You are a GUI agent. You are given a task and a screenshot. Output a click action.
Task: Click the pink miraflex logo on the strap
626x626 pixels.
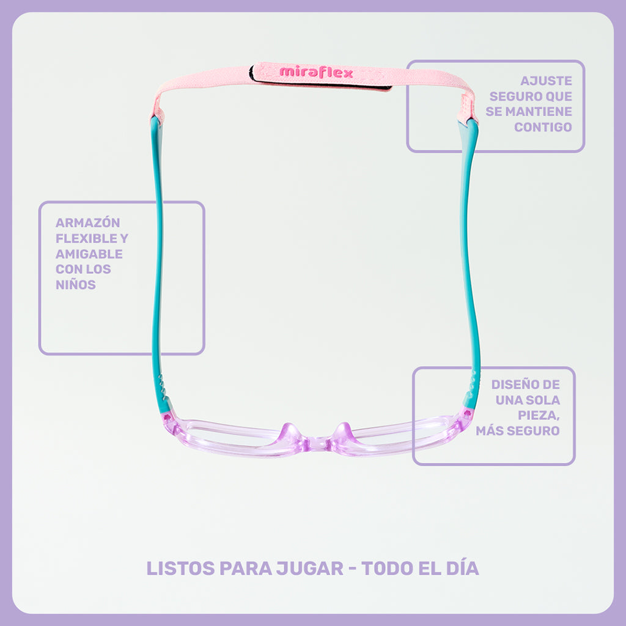coord(316,72)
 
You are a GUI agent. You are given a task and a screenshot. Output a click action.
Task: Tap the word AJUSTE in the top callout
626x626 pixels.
coord(546,81)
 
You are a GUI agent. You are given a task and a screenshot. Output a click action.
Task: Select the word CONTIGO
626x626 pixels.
coord(543,127)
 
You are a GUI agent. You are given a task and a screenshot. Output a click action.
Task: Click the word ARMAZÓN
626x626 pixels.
coord(88,222)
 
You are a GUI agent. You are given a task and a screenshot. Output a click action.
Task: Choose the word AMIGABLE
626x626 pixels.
coord(89,254)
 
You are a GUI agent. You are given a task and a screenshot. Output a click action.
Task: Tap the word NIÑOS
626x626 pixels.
coord(76,284)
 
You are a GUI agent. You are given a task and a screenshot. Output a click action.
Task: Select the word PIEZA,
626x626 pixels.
coord(539,416)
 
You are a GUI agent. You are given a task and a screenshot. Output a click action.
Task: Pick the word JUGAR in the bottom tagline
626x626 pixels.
coord(310,568)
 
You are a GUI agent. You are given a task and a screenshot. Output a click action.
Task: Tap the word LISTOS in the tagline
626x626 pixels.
coord(181,568)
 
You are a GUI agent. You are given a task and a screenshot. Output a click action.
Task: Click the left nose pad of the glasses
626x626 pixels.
coord(290,432)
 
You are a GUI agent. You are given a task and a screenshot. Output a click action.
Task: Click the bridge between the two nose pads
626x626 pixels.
coord(317,443)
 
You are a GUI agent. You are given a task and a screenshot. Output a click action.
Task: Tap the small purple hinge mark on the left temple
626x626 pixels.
coord(168,418)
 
